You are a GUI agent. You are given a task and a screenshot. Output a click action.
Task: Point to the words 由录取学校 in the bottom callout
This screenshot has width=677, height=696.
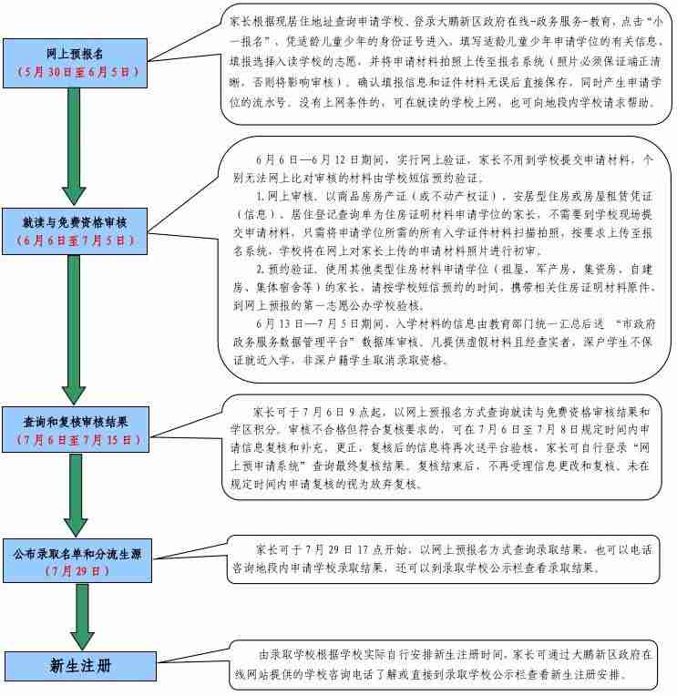[286, 654]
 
